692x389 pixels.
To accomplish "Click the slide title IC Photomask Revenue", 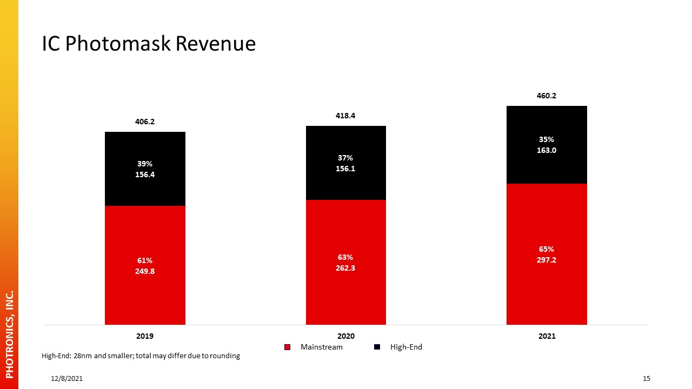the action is pyautogui.click(x=149, y=44).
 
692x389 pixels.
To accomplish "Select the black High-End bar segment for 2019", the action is pyautogui.click(x=145, y=169).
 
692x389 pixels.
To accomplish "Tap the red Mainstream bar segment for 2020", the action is pyautogui.click(x=346, y=262).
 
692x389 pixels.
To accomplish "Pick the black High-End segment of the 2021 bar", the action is pyautogui.click(x=547, y=145).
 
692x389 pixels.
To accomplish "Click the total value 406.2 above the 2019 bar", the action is pyautogui.click(x=145, y=122).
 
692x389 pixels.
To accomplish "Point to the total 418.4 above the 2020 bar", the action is pyautogui.click(x=345, y=116).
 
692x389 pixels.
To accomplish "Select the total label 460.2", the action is pyautogui.click(x=547, y=96).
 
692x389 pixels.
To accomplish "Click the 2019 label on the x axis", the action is pyautogui.click(x=145, y=336).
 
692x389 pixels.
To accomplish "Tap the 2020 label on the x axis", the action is pyautogui.click(x=346, y=336).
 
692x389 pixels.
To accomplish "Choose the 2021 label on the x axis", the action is pyautogui.click(x=547, y=336).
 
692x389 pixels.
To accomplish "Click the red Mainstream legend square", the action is pyautogui.click(x=287, y=347).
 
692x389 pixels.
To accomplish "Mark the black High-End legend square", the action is pyautogui.click(x=377, y=347).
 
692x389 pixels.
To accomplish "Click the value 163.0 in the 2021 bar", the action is pyautogui.click(x=547, y=150).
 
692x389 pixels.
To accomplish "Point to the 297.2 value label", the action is pyautogui.click(x=547, y=260).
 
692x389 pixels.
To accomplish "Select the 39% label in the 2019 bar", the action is pyautogui.click(x=145, y=164).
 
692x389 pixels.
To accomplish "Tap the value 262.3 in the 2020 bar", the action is pyautogui.click(x=345, y=268).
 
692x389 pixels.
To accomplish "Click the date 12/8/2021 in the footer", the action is pyautogui.click(x=66, y=379).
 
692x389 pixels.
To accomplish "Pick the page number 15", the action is pyautogui.click(x=647, y=379).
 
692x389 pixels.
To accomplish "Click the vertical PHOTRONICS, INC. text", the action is pyautogui.click(x=10, y=334).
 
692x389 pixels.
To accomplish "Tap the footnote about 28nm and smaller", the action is pyautogui.click(x=141, y=356).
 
